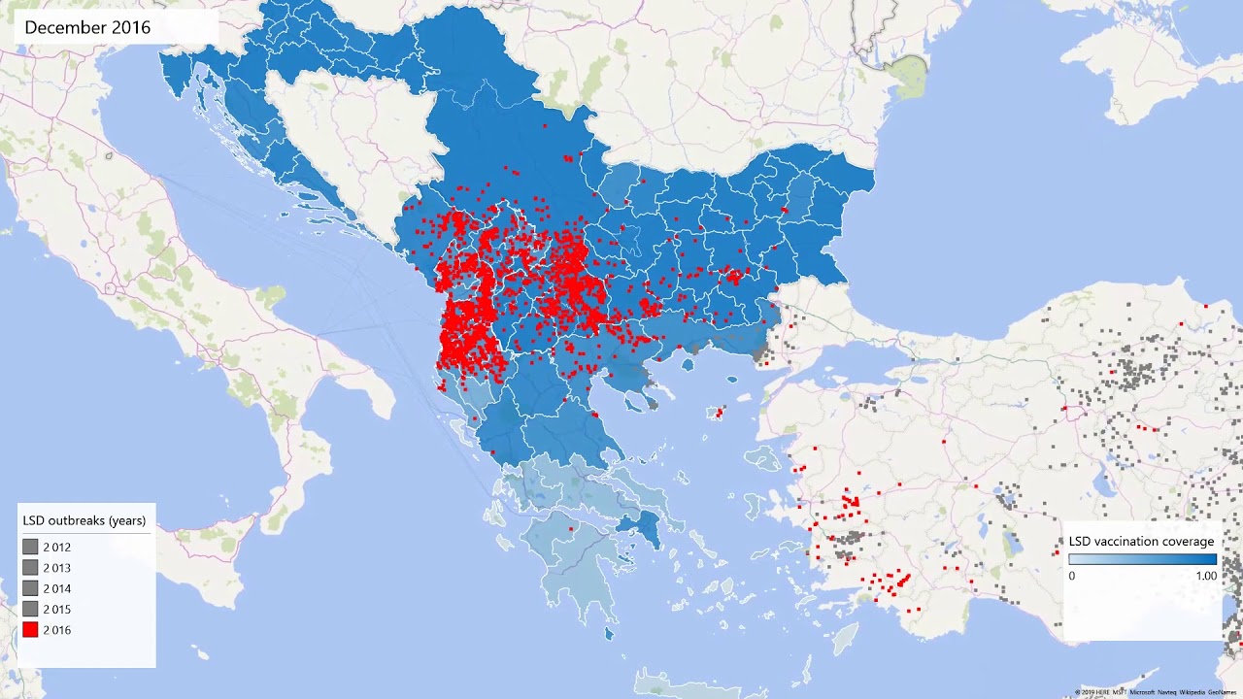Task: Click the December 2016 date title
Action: pos(87,28)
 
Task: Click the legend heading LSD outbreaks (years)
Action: pos(84,520)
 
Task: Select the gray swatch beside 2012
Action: pos(30,548)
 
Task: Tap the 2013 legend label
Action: pos(56,568)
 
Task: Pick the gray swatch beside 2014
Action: pos(30,588)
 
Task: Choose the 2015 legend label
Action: pos(56,610)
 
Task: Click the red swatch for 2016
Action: pos(30,630)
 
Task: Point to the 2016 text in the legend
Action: pos(56,630)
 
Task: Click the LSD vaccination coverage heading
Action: pos(1141,541)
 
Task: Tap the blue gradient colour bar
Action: pos(1142,559)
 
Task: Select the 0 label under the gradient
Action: pos(1072,576)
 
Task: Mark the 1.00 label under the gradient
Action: pos(1205,576)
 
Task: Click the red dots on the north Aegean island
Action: pos(719,414)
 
